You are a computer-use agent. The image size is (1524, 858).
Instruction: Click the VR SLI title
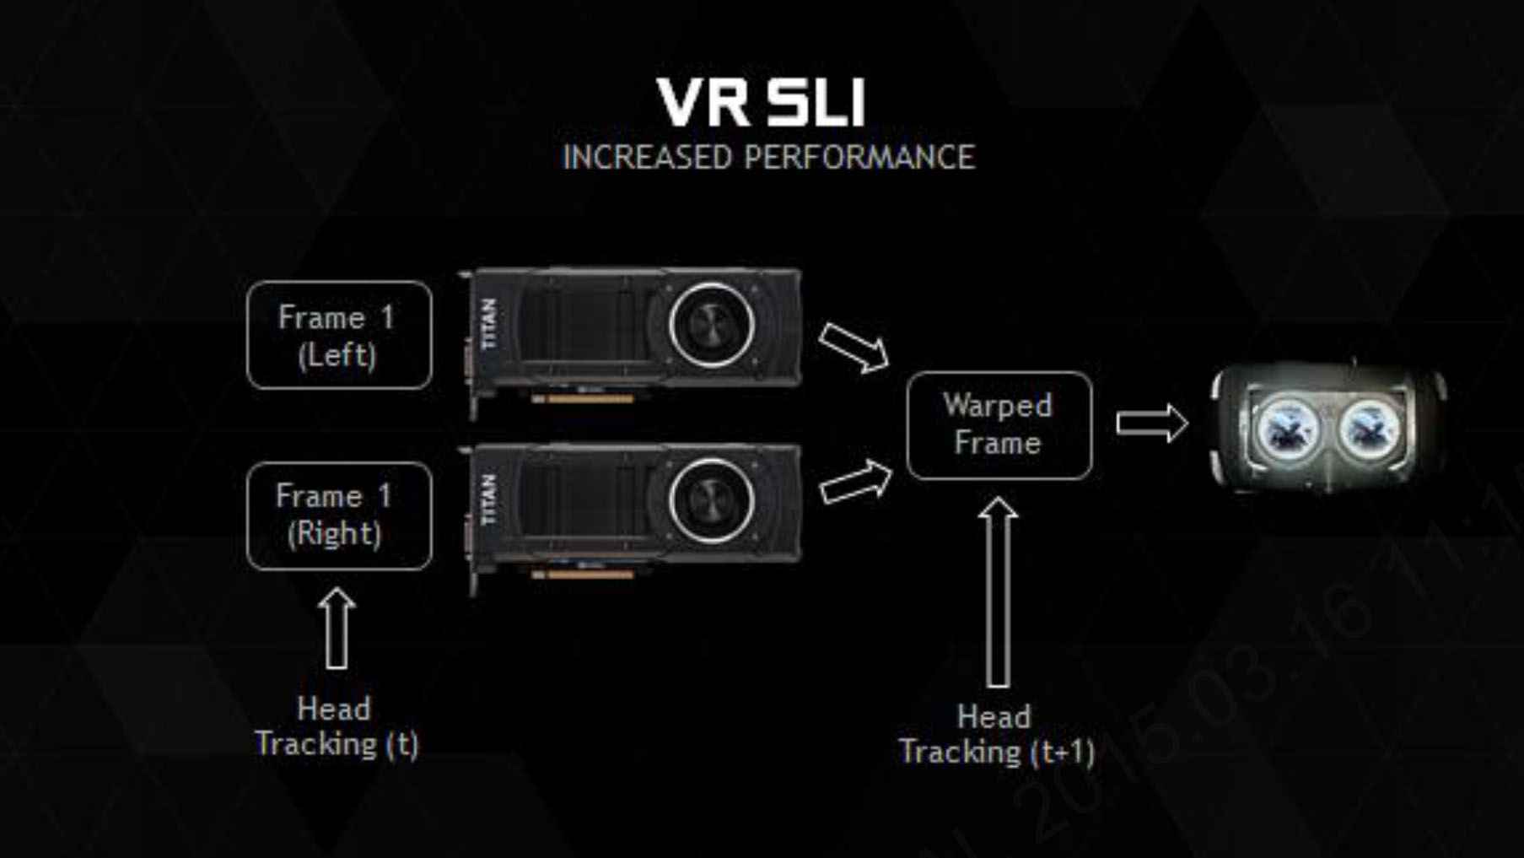click(x=761, y=103)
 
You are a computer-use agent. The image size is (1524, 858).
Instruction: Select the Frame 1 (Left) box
click(x=339, y=335)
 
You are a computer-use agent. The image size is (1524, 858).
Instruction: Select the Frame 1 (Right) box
click(x=339, y=515)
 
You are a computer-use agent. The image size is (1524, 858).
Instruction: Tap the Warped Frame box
click(x=999, y=425)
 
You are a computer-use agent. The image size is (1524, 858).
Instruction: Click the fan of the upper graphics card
click(x=711, y=325)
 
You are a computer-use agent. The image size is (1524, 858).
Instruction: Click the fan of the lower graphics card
click(x=711, y=500)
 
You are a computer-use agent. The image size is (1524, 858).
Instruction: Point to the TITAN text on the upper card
click(x=488, y=324)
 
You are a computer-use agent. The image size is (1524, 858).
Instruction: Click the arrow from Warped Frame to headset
click(x=1151, y=423)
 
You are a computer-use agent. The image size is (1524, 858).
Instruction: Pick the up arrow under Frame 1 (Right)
click(x=337, y=629)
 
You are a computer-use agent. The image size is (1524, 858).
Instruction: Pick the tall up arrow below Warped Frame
click(x=998, y=591)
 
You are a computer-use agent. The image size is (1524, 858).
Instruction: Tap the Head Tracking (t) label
click(x=336, y=726)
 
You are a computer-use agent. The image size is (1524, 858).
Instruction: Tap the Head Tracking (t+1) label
click(x=996, y=735)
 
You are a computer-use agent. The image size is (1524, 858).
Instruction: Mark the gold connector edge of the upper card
click(x=582, y=399)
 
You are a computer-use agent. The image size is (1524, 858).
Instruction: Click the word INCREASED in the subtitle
click(x=647, y=158)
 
